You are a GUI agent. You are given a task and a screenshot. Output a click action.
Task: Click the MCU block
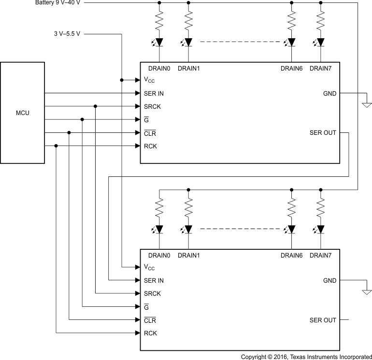(23, 113)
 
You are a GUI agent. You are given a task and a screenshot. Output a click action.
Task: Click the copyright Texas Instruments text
(306, 357)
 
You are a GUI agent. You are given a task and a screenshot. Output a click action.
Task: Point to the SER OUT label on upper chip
(323, 133)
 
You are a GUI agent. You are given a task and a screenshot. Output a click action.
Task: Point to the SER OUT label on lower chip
(323, 320)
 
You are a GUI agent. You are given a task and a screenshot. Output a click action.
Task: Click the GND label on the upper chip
(330, 93)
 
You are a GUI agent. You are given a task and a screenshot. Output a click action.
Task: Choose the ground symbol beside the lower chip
(367, 291)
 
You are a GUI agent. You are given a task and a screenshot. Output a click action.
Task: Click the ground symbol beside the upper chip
(367, 104)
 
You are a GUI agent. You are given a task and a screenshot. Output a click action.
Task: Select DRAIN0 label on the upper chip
(159, 69)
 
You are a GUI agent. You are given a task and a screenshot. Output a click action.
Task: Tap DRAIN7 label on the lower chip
(320, 255)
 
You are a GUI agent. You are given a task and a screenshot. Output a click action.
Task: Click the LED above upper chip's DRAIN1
(188, 42)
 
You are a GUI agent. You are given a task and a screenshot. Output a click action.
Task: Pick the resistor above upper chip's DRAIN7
(320, 21)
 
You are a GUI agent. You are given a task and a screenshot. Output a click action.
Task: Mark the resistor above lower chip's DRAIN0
(159, 208)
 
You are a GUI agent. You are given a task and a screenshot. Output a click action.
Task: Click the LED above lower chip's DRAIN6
(291, 229)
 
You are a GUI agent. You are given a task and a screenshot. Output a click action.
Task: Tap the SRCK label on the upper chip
(152, 106)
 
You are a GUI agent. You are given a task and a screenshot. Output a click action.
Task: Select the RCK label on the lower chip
(150, 333)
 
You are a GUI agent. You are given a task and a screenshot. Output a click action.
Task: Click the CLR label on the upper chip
(150, 133)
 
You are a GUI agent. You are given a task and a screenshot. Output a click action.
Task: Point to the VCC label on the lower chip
(149, 267)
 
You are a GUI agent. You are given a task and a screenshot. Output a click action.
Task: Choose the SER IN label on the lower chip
(154, 280)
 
